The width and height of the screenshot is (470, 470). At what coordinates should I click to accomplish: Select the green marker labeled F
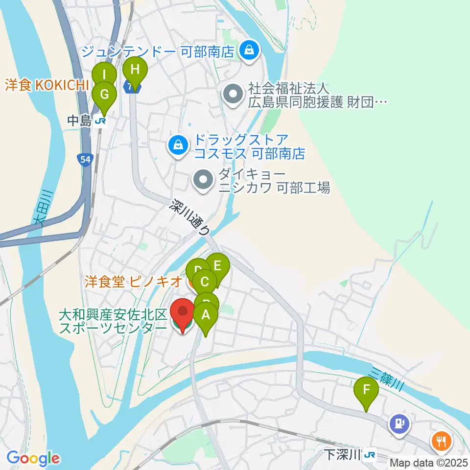click(x=366, y=391)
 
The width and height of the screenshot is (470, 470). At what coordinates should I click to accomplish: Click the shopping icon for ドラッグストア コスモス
click(x=177, y=145)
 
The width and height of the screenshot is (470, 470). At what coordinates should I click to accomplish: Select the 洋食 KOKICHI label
click(x=46, y=85)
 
